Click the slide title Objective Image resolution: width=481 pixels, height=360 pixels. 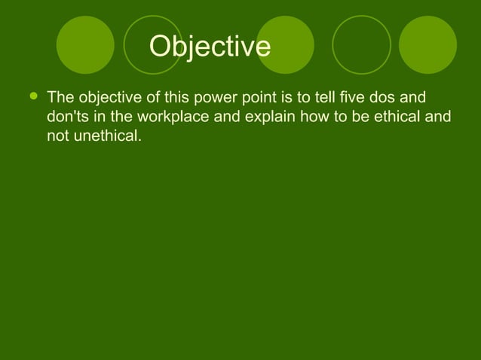pyautogui.click(x=209, y=47)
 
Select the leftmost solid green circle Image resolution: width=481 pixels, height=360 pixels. pyautogui.click(x=85, y=44)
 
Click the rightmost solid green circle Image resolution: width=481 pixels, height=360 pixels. pyautogui.click(x=427, y=44)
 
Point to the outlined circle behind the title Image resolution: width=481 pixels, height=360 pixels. pyautogui.click(x=153, y=44)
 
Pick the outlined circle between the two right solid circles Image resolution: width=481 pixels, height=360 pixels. pyautogui.click(x=361, y=44)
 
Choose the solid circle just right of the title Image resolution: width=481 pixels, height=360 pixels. pyautogui.click(x=285, y=44)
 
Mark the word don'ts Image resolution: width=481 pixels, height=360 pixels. pyautogui.click(x=65, y=117)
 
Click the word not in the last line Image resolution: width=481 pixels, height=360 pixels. pyautogui.click(x=57, y=137)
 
